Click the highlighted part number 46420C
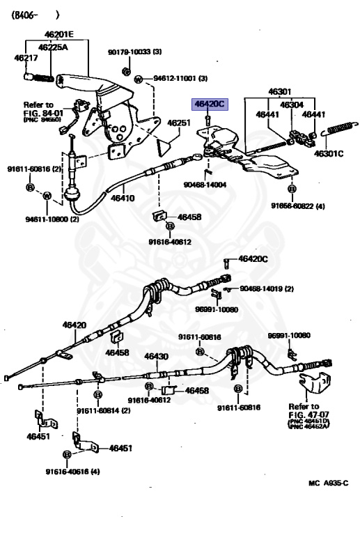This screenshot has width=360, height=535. tap(210, 104)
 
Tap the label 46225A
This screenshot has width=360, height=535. tap(53, 47)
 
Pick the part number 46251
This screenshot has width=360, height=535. tap(178, 122)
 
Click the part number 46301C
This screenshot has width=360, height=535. tap(329, 153)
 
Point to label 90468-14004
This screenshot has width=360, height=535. tap(205, 184)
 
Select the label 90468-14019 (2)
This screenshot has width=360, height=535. tap(267, 288)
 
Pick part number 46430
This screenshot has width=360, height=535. tap(156, 356)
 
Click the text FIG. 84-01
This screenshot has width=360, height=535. tap(44, 111)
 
